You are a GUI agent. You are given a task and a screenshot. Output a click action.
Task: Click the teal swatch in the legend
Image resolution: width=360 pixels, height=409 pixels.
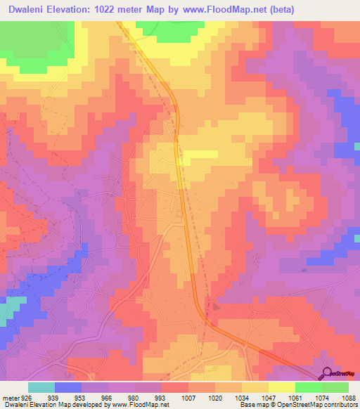pos(41,387)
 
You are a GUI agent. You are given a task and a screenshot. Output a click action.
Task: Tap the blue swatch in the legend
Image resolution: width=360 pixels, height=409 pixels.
pos(68,387)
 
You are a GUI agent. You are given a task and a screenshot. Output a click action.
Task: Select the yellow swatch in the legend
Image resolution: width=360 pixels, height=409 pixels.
pos(282,387)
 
